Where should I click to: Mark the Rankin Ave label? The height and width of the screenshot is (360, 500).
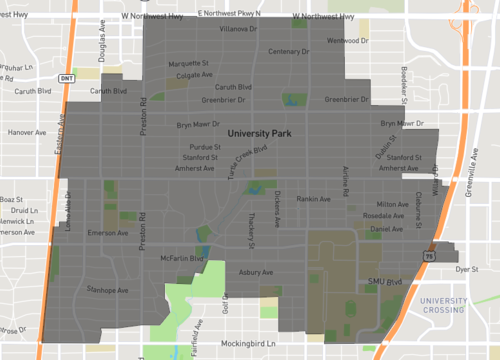tap(313, 198)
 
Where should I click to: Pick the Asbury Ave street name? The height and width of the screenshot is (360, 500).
tap(256, 272)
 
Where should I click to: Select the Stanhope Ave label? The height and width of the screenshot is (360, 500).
tap(108, 291)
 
